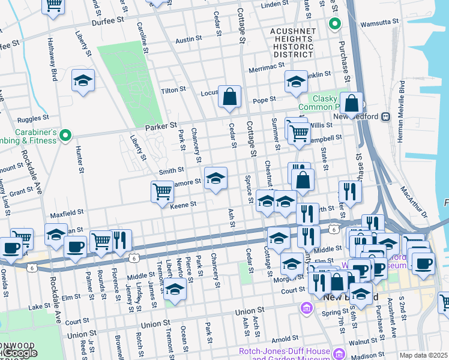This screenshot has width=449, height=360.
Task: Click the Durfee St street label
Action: coord(108,20)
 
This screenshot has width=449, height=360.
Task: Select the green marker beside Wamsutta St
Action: coord(334,25)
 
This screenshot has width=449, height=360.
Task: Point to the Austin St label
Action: coord(188,40)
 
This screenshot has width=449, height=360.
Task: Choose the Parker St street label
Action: coord(161,127)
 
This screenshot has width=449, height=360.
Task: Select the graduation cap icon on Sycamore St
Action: coord(216,178)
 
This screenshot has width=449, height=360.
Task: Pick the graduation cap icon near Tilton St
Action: coord(83,81)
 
